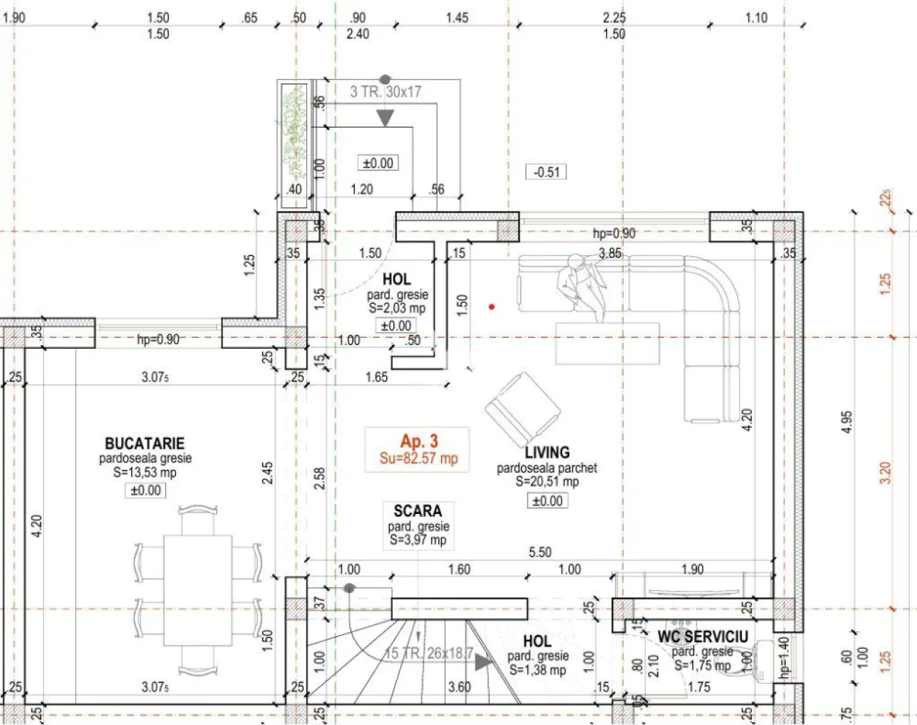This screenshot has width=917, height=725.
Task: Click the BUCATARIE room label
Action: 145,443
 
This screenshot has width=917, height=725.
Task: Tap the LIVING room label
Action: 547,452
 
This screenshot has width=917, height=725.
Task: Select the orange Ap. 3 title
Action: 419,441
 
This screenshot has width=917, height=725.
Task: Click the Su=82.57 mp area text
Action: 419,458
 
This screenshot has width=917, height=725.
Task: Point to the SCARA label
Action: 417,511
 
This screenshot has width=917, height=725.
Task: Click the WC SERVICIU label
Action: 702,637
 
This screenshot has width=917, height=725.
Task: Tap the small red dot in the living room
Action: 492,307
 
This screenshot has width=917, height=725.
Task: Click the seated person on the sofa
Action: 583,286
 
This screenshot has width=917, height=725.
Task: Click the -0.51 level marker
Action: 546,172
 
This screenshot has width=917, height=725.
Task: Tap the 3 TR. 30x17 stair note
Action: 385,92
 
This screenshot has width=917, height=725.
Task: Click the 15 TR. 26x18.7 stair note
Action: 429,653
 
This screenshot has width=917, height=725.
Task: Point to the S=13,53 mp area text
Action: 145,473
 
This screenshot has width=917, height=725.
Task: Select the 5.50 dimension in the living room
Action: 540,552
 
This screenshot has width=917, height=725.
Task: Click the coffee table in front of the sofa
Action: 607,343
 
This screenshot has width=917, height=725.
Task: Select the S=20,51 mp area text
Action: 547,482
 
